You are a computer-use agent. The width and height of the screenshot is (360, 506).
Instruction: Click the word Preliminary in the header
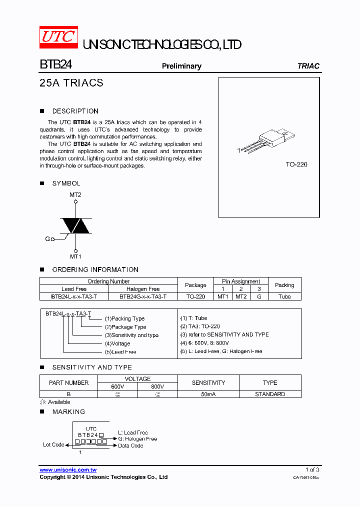coord(181,66)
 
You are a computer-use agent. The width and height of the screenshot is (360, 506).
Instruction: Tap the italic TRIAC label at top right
coord(308,66)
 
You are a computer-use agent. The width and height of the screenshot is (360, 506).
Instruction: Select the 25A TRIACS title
coord(71,83)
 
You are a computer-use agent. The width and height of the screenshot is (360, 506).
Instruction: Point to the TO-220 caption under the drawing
coord(296,164)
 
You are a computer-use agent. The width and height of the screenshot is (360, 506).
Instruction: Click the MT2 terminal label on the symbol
coord(75,195)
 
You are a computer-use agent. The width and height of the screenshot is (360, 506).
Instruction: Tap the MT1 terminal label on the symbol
coord(75,256)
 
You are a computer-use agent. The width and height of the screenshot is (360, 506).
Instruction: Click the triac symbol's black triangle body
coord(75,225)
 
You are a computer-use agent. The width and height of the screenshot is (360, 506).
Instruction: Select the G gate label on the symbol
coord(47,239)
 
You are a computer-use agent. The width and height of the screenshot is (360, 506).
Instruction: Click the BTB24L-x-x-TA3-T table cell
coord(74,296)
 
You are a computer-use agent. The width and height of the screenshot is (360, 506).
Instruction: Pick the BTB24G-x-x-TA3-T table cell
coord(143,296)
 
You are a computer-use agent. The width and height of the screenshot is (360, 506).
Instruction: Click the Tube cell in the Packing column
coord(284,296)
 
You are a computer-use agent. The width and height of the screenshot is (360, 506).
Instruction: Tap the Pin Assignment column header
coord(241,281)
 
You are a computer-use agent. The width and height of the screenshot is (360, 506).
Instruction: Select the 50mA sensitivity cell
coord(208,394)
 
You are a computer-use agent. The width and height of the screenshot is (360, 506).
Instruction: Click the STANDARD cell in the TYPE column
coord(270,394)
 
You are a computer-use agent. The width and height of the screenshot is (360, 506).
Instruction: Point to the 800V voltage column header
coord(157,386)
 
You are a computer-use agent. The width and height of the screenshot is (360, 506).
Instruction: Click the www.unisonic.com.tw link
coord(68,470)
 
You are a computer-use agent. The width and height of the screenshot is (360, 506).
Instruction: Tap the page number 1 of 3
coord(312,470)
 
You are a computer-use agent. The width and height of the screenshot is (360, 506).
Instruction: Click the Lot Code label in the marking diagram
coord(53,444)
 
